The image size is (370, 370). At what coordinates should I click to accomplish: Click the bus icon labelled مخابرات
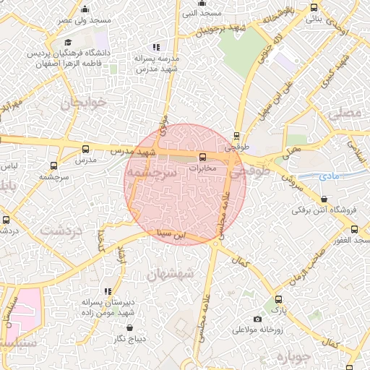[202, 156]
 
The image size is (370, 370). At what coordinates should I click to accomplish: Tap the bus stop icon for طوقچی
[236, 135]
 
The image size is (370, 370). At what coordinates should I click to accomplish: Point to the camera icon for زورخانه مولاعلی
[257, 319]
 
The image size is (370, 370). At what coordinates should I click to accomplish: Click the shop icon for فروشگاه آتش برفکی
[323, 199]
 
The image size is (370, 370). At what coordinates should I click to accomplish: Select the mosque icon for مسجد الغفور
[354, 229]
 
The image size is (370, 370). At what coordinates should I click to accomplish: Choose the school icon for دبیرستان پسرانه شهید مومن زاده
[108, 291]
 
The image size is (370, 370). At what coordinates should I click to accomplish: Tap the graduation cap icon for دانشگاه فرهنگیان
[67, 43]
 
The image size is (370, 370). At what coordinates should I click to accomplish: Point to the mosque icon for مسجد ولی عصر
[85, 9]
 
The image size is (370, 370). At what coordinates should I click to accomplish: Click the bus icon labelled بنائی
[313, 8]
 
